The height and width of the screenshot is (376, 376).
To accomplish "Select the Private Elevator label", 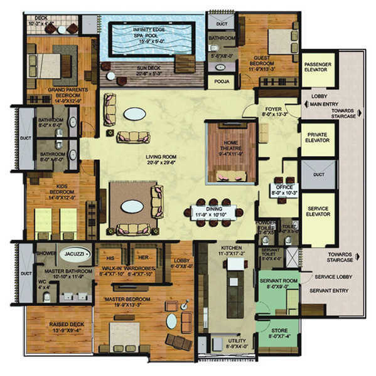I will pyautogui.click(x=318, y=140).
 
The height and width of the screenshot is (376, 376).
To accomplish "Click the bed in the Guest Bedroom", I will pyautogui.click(x=281, y=41).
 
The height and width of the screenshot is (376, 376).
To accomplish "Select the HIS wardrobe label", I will pyautogui.click(x=110, y=258).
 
